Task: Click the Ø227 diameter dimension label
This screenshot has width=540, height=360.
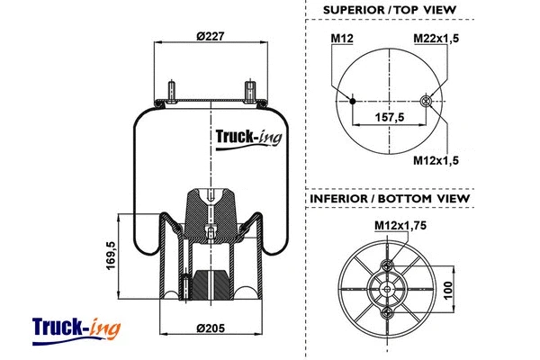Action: [211, 35]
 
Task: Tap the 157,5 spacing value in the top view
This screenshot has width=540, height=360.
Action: [390, 117]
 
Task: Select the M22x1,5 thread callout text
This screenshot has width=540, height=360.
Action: [436, 38]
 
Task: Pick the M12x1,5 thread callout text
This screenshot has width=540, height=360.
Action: [436, 160]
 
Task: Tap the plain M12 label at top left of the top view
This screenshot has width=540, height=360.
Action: [341, 38]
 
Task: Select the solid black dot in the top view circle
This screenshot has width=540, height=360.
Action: [352, 100]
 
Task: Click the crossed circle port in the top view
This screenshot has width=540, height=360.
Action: [426, 100]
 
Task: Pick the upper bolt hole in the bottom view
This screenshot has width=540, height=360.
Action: [389, 265]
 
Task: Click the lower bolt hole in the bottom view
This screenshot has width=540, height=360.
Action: [389, 312]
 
